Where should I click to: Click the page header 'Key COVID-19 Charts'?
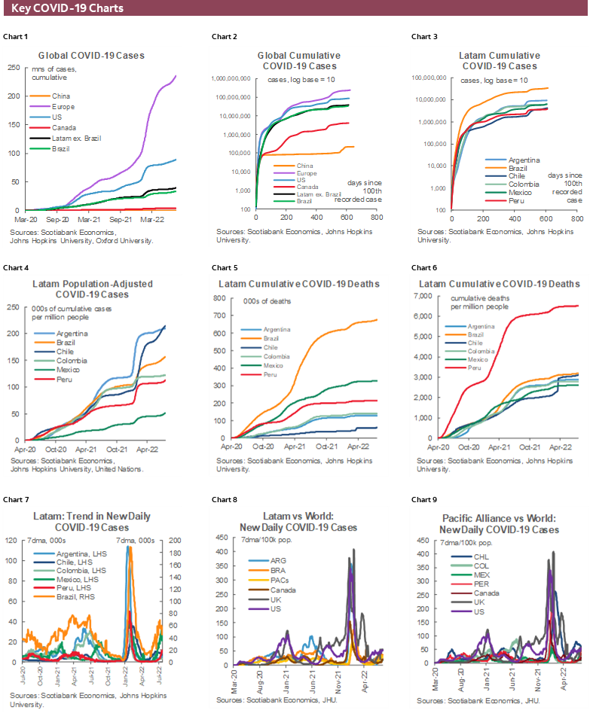coord(68,9)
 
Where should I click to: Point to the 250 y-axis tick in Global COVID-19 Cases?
coord(13,67)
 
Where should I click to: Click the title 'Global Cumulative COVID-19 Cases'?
coord(298,61)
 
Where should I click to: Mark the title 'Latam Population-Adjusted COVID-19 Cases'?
coord(93,289)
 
